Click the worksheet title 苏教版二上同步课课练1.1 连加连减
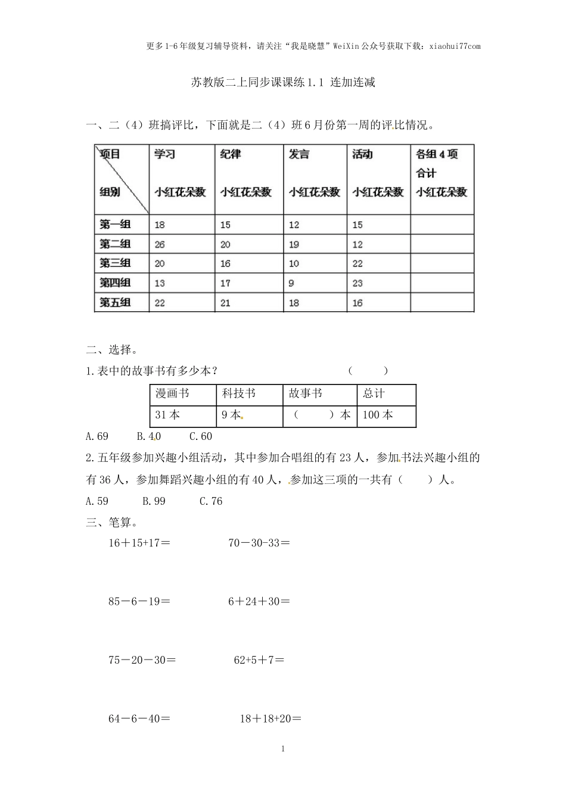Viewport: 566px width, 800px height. coord(283,83)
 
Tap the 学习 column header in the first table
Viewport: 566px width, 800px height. coord(165,154)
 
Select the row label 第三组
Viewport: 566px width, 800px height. coord(115,263)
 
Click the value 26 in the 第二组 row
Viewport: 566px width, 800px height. coord(160,244)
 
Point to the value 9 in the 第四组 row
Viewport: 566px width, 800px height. coord(291,283)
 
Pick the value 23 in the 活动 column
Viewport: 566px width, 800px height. coord(357,283)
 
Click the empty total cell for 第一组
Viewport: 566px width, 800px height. coord(441,224)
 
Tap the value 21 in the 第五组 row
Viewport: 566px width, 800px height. coord(226,302)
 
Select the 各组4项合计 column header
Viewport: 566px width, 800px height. coord(441,173)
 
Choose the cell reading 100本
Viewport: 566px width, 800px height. coord(378,415)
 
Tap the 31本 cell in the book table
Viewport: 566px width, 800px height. coord(167,415)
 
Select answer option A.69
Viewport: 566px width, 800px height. coord(97,436)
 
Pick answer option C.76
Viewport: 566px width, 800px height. coord(211,501)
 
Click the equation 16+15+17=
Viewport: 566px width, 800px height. coord(139,543)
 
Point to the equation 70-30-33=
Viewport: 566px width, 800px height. coord(259,543)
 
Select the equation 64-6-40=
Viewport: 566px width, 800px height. coord(139,718)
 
